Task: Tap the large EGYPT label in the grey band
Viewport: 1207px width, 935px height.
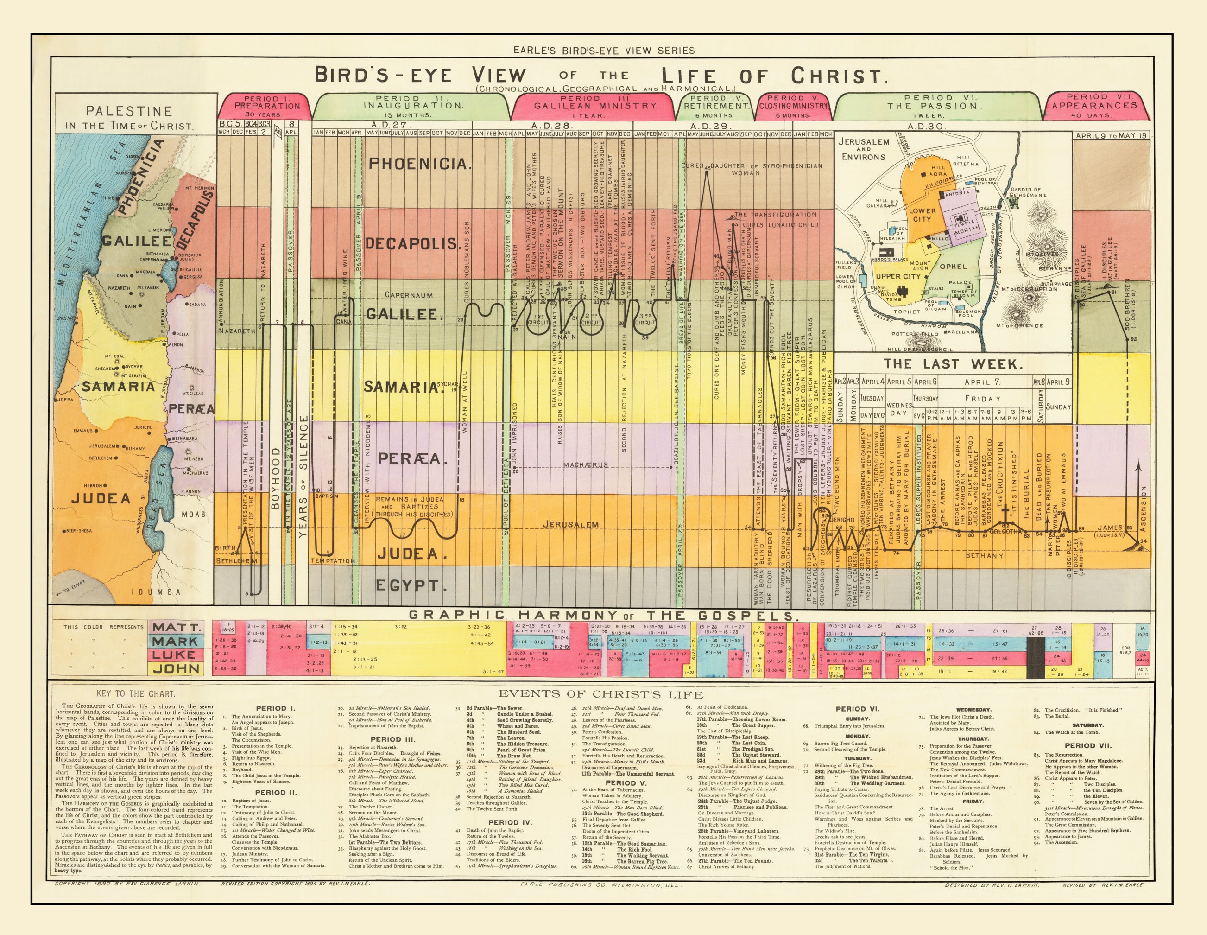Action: (x=408, y=585)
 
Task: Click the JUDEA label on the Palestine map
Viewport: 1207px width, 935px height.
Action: (x=101, y=499)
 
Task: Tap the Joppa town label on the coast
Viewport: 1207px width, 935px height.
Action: (x=65, y=399)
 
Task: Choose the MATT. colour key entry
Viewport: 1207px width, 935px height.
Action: (x=175, y=628)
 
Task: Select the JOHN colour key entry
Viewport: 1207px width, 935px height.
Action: (x=175, y=668)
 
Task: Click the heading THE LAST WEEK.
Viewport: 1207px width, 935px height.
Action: (x=953, y=364)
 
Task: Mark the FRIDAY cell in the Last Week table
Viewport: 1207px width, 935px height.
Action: (x=983, y=398)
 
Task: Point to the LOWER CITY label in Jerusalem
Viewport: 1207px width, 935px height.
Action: (x=923, y=215)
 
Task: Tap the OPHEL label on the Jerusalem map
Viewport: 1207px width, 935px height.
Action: (x=954, y=267)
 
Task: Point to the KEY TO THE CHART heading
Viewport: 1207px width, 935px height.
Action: (x=135, y=694)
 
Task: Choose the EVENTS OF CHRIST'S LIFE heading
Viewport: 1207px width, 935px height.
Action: (x=601, y=694)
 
